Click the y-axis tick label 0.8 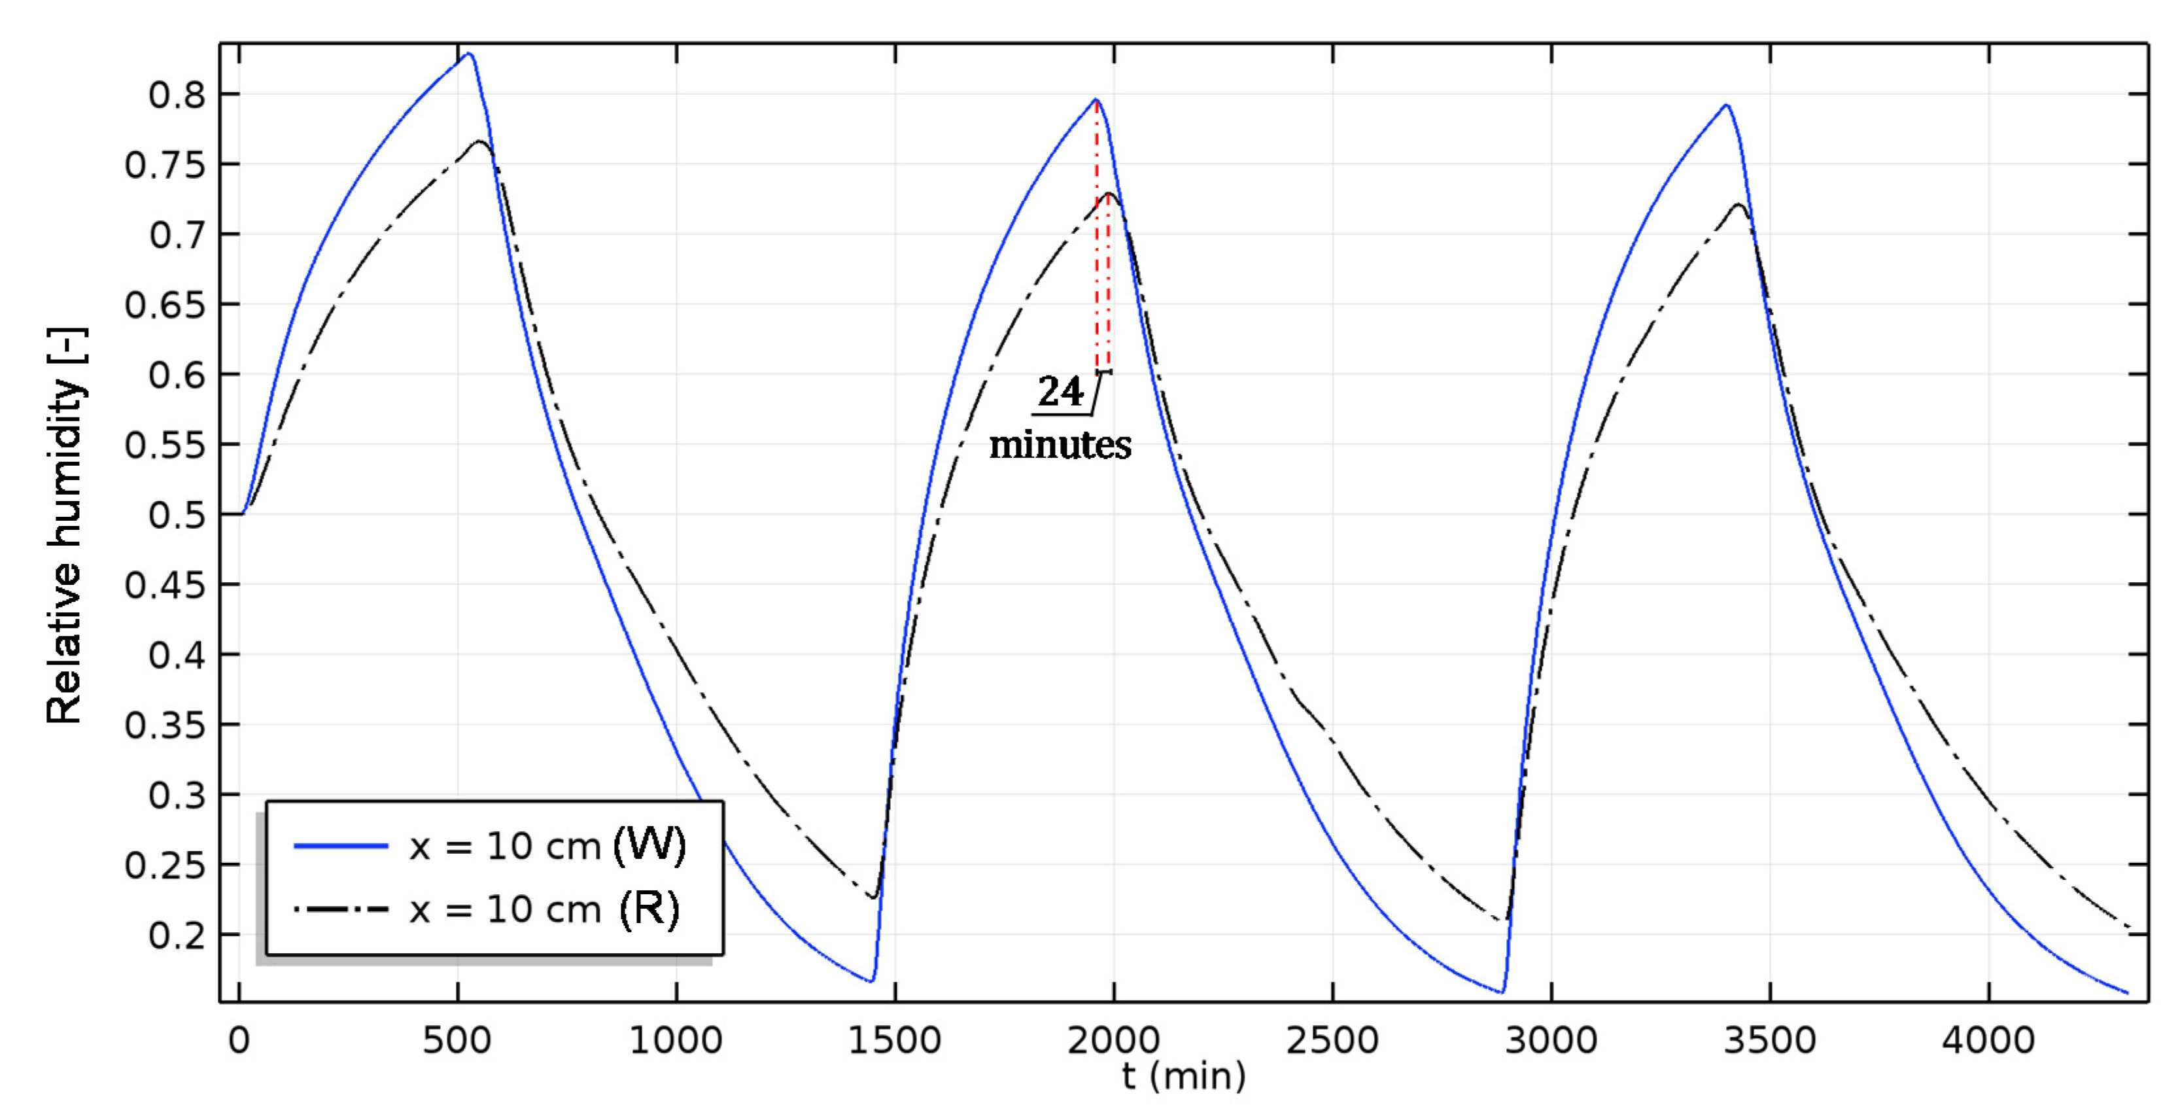point(176,95)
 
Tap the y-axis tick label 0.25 point(165,865)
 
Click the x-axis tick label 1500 point(895,1039)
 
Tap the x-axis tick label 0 point(239,1039)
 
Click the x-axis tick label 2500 point(1332,1039)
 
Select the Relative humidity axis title point(65,525)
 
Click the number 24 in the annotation point(1060,392)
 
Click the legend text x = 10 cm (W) point(547,845)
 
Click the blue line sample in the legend point(340,845)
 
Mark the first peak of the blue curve point(469,54)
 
